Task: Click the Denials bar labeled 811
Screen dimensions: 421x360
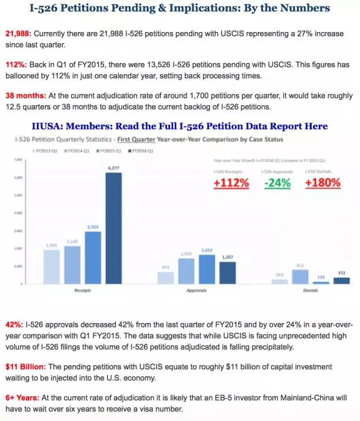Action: pyautogui.click(x=299, y=276)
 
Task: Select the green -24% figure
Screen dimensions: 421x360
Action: pyautogui.click(x=277, y=182)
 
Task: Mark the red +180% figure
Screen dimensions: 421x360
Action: pyautogui.click(x=322, y=182)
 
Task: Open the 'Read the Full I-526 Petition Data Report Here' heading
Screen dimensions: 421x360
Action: pyautogui.click(x=223, y=126)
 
